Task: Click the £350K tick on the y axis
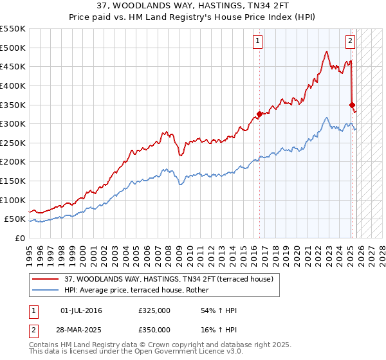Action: pos(13,105)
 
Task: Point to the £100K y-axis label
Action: pos(13,200)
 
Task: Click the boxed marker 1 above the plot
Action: pos(257,42)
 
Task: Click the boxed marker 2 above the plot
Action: pos(351,42)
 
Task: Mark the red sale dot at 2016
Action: pos(260,114)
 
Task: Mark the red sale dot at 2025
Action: pos(353,105)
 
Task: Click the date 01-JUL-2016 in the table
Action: pos(80,310)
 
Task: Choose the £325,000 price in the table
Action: pos(154,310)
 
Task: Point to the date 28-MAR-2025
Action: pos(80,329)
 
